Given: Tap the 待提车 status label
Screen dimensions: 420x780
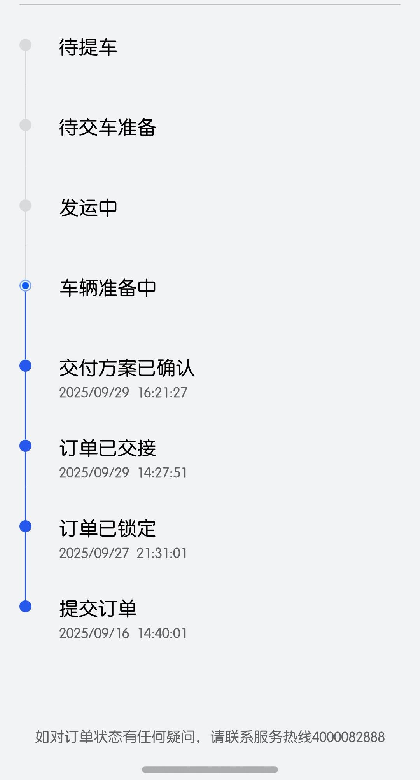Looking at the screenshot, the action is [x=88, y=47].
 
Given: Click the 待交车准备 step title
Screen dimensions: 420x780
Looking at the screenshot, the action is [x=107, y=127].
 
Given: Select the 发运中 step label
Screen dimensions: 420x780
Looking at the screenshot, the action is [x=88, y=207].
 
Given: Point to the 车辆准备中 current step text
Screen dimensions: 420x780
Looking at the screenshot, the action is [x=107, y=288].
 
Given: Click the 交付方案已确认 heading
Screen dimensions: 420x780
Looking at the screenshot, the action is [x=127, y=368].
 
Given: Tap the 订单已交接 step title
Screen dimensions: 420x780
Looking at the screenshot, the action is [x=107, y=448].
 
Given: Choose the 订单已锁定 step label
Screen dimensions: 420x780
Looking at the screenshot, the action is [x=107, y=528].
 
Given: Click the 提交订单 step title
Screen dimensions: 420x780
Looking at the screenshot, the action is [x=98, y=609].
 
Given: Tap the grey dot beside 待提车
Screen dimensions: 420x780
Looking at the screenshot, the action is [x=26, y=45].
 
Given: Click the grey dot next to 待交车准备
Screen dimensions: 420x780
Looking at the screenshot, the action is [x=26, y=125].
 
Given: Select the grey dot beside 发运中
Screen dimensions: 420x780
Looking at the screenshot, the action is [x=26, y=205].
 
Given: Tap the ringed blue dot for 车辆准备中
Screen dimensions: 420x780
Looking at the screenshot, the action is [x=26, y=286].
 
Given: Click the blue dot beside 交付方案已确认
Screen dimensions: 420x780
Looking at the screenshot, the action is [x=26, y=366].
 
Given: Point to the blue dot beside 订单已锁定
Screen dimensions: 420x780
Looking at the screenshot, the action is [x=26, y=526].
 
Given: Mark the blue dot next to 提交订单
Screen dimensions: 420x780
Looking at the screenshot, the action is [x=26, y=607].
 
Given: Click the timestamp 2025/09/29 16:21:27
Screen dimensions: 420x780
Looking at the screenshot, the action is [x=123, y=393].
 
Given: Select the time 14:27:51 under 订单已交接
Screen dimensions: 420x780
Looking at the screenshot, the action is [x=163, y=473].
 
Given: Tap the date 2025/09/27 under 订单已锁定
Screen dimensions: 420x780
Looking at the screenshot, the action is [x=94, y=553].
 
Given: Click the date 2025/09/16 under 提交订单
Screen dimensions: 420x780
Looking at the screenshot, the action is [x=94, y=633].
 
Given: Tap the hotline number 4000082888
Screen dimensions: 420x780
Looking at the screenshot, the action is [x=348, y=737].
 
